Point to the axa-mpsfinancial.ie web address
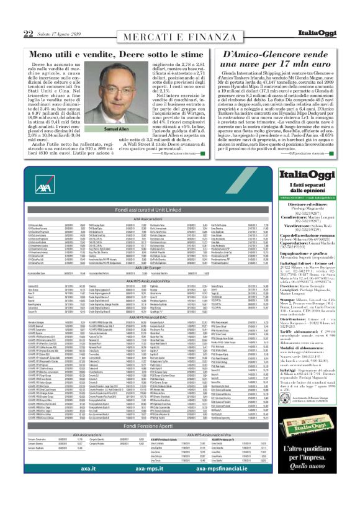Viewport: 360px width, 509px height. [212, 488]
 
